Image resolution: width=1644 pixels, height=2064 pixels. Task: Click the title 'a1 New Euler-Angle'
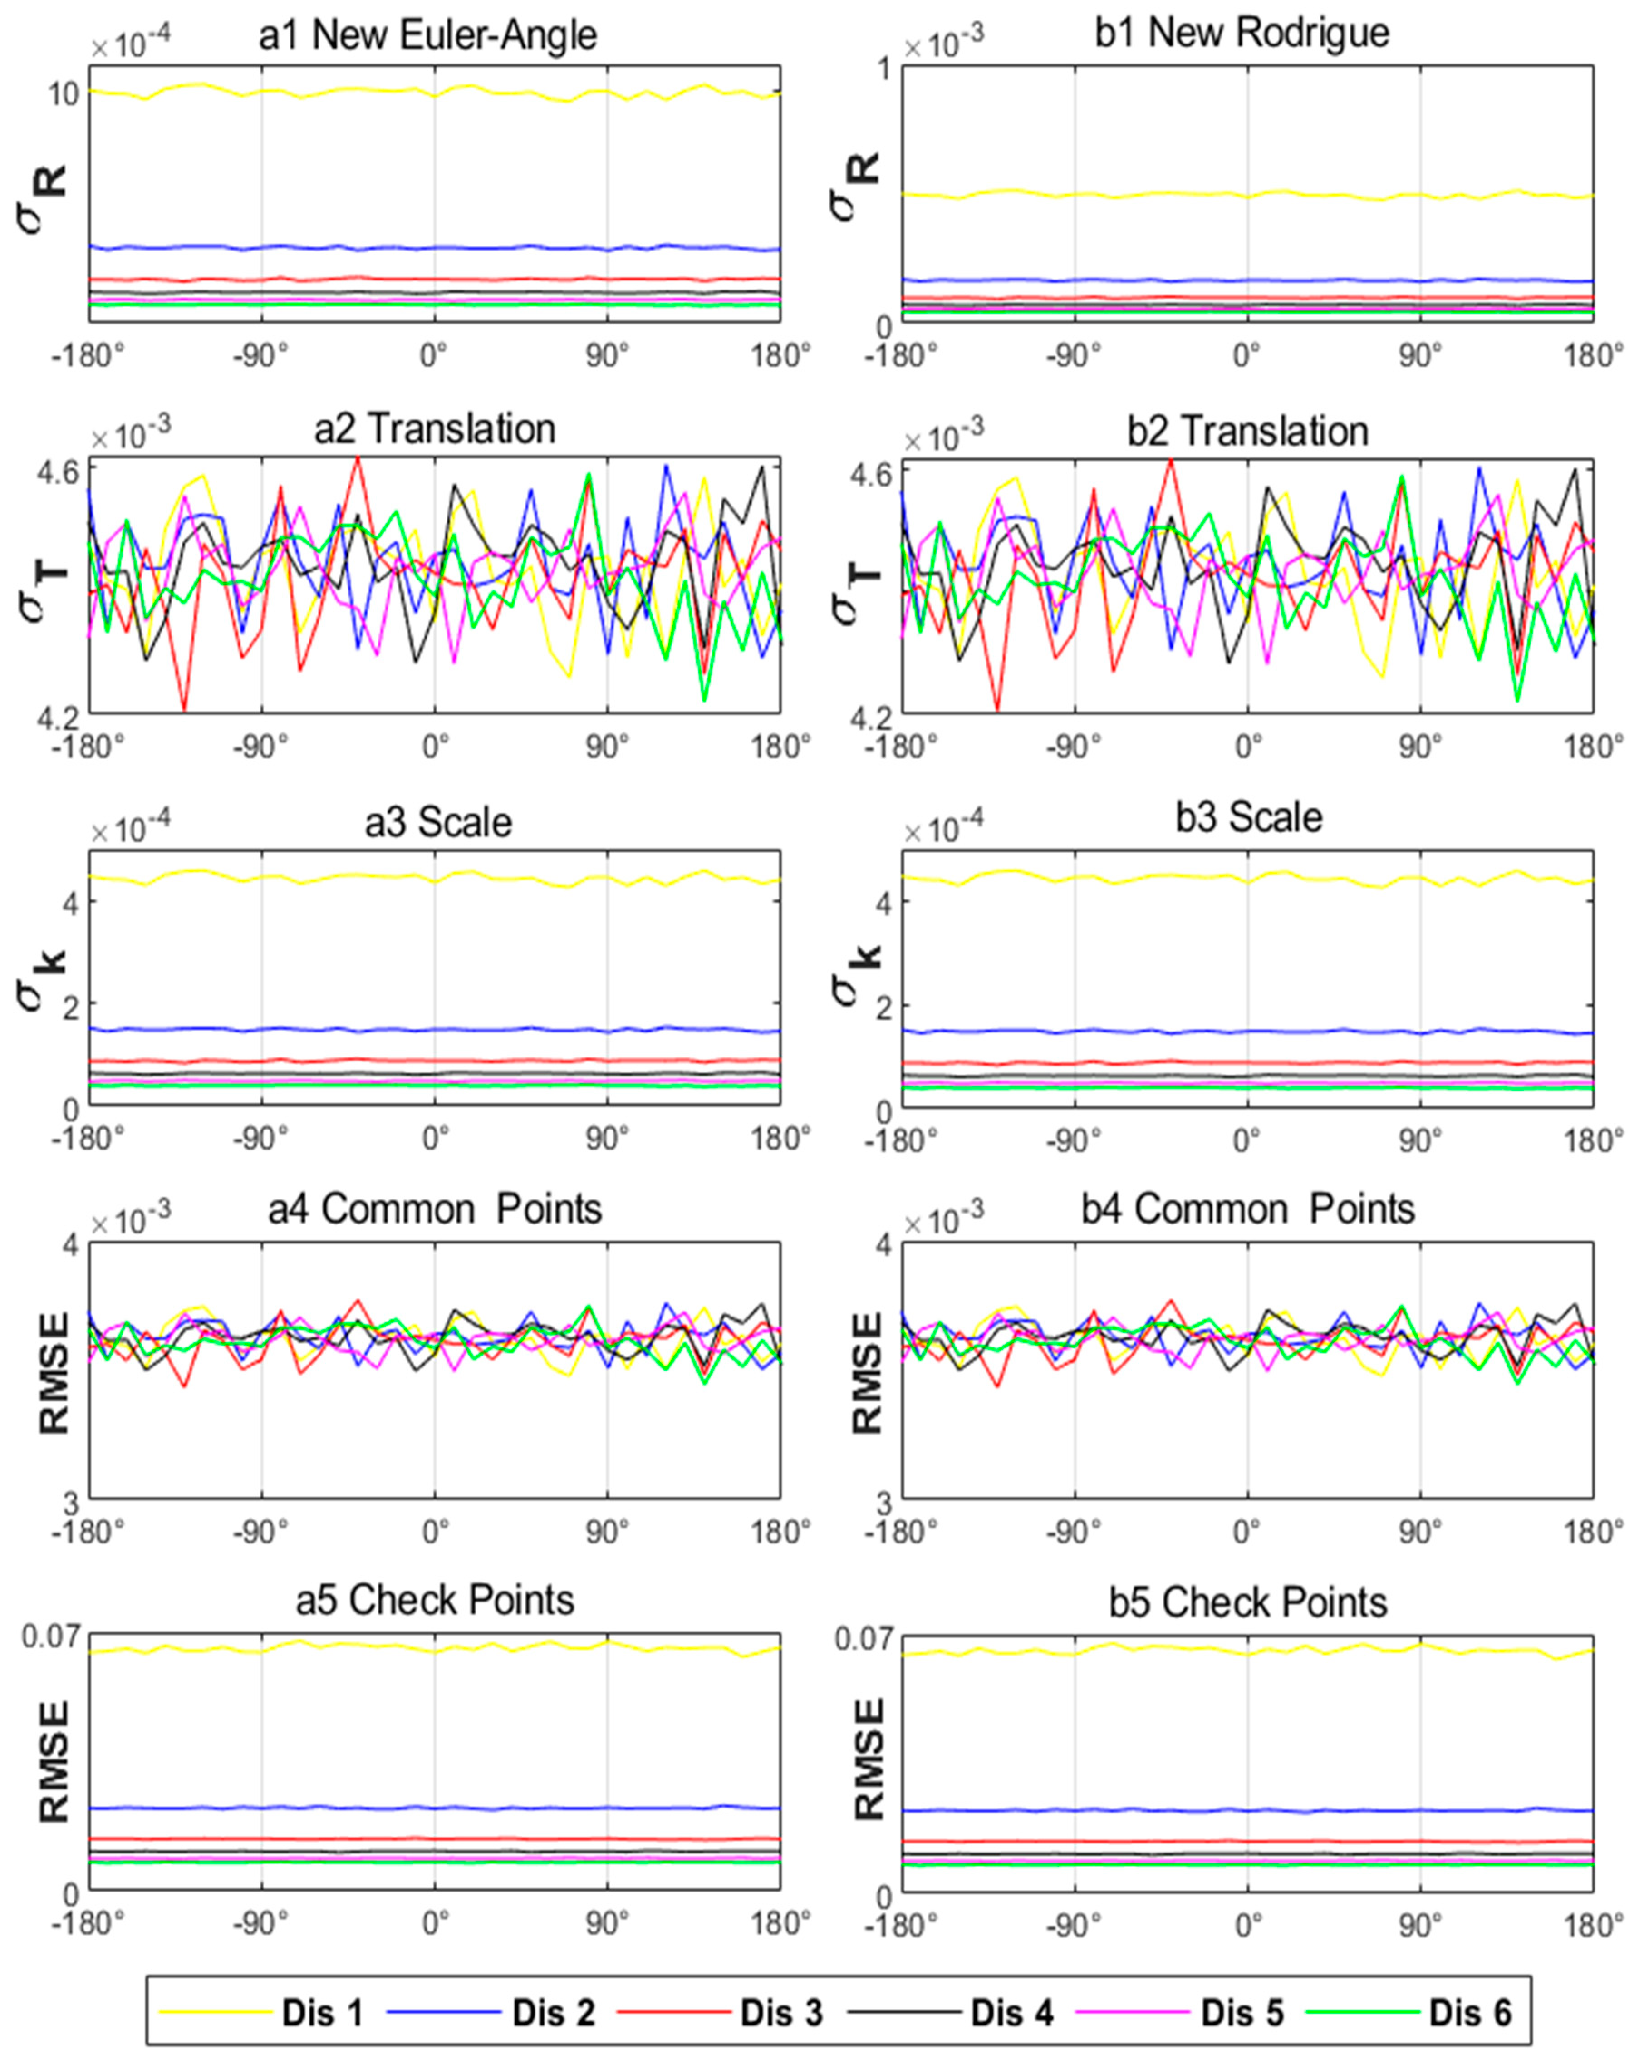428,35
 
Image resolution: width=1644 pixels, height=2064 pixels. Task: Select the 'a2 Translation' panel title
435,429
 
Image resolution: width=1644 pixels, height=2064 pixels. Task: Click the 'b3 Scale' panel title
1249,819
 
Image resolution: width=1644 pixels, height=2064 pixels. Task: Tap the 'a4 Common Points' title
435,1209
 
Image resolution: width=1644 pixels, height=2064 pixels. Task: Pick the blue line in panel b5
1245,1810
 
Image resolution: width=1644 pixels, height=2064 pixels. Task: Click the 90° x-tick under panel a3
607,1139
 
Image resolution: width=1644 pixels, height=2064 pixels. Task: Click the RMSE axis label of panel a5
54,1761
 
